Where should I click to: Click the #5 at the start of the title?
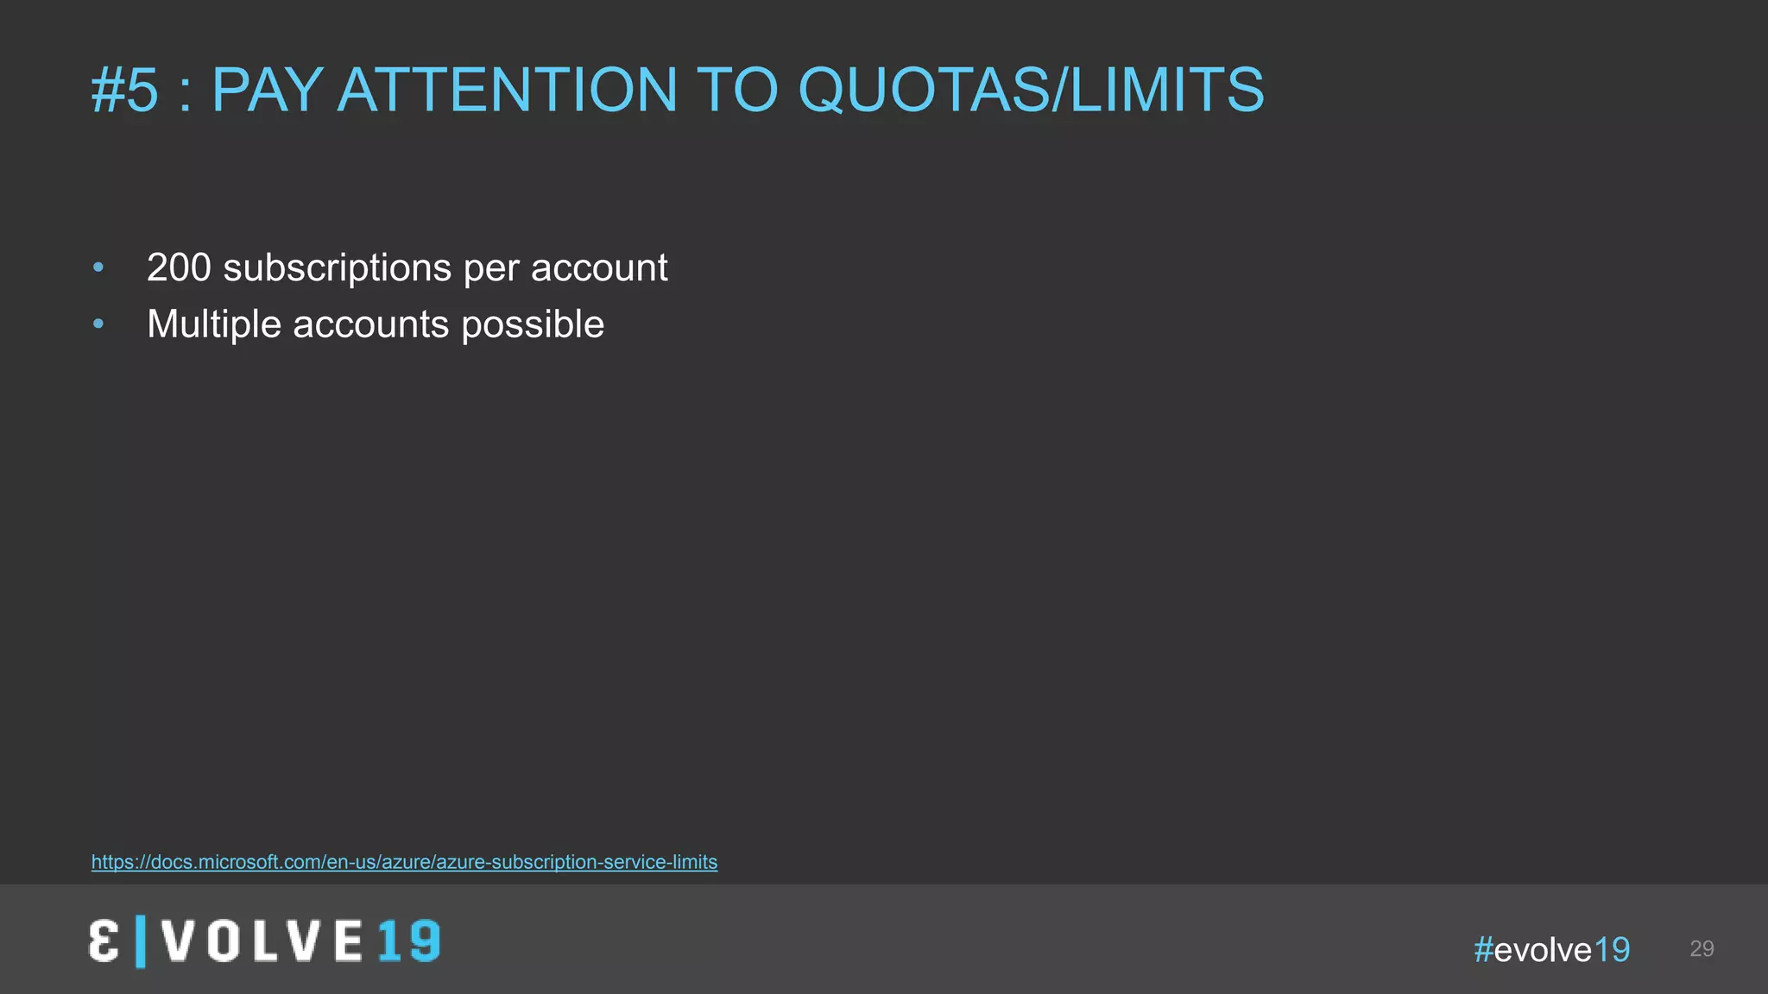coord(125,90)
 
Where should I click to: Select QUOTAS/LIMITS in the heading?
coord(1031,90)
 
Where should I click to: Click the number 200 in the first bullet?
coord(179,267)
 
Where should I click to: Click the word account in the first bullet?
coord(598,267)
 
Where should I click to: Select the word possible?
coord(533,324)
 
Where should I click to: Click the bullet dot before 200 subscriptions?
coord(98,267)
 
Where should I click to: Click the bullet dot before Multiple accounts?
coord(98,324)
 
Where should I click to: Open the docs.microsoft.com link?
coord(404,862)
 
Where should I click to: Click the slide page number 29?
coord(1702,948)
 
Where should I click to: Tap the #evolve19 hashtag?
coord(1551,949)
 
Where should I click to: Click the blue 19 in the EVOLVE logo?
coord(409,941)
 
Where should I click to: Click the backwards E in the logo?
coord(104,941)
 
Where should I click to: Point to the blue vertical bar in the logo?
coord(141,941)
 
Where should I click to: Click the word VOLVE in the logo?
coord(262,941)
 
